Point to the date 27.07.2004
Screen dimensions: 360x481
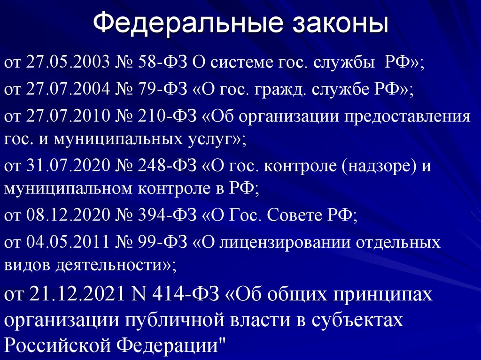[x=69, y=90]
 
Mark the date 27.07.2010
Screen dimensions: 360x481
[x=69, y=116]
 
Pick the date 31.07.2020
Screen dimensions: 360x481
[x=69, y=166]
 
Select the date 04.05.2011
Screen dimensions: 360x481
[x=69, y=242]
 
